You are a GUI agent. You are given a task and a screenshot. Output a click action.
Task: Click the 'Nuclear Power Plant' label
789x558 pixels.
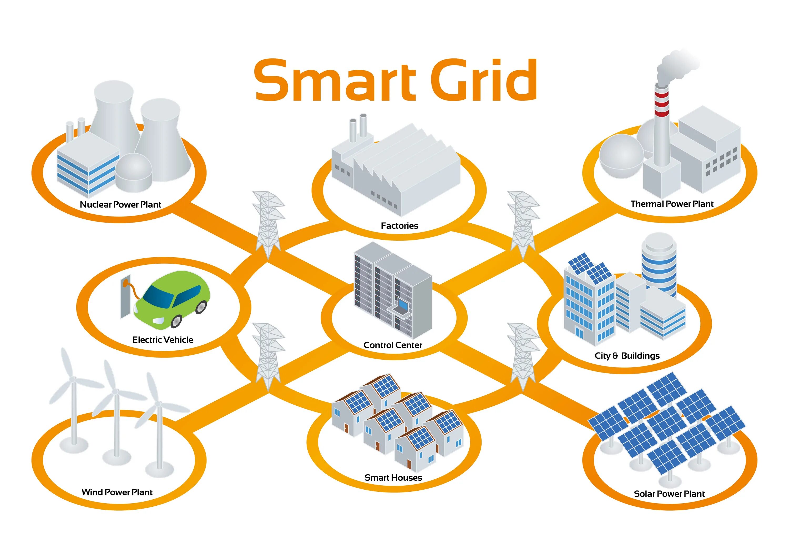tap(120, 205)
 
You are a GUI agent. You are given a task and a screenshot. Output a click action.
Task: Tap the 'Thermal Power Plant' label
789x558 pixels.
tap(672, 204)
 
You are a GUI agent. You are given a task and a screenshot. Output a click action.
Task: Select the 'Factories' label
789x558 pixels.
tap(399, 226)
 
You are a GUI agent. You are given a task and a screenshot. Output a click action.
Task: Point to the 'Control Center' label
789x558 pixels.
tap(393, 345)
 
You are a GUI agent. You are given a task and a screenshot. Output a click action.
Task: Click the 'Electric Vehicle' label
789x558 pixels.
tap(163, 340)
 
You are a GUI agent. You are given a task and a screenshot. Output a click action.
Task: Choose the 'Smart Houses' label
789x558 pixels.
tap(393, 477)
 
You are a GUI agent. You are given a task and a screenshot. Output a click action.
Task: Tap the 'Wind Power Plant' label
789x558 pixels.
tap(117, 492)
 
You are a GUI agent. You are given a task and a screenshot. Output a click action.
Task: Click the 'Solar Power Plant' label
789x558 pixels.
tap(669, 494)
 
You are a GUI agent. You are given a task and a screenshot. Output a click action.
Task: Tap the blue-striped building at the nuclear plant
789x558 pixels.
tap(88, 165)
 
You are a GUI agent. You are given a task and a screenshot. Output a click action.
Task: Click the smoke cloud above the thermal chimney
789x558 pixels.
tap(677, 65)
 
